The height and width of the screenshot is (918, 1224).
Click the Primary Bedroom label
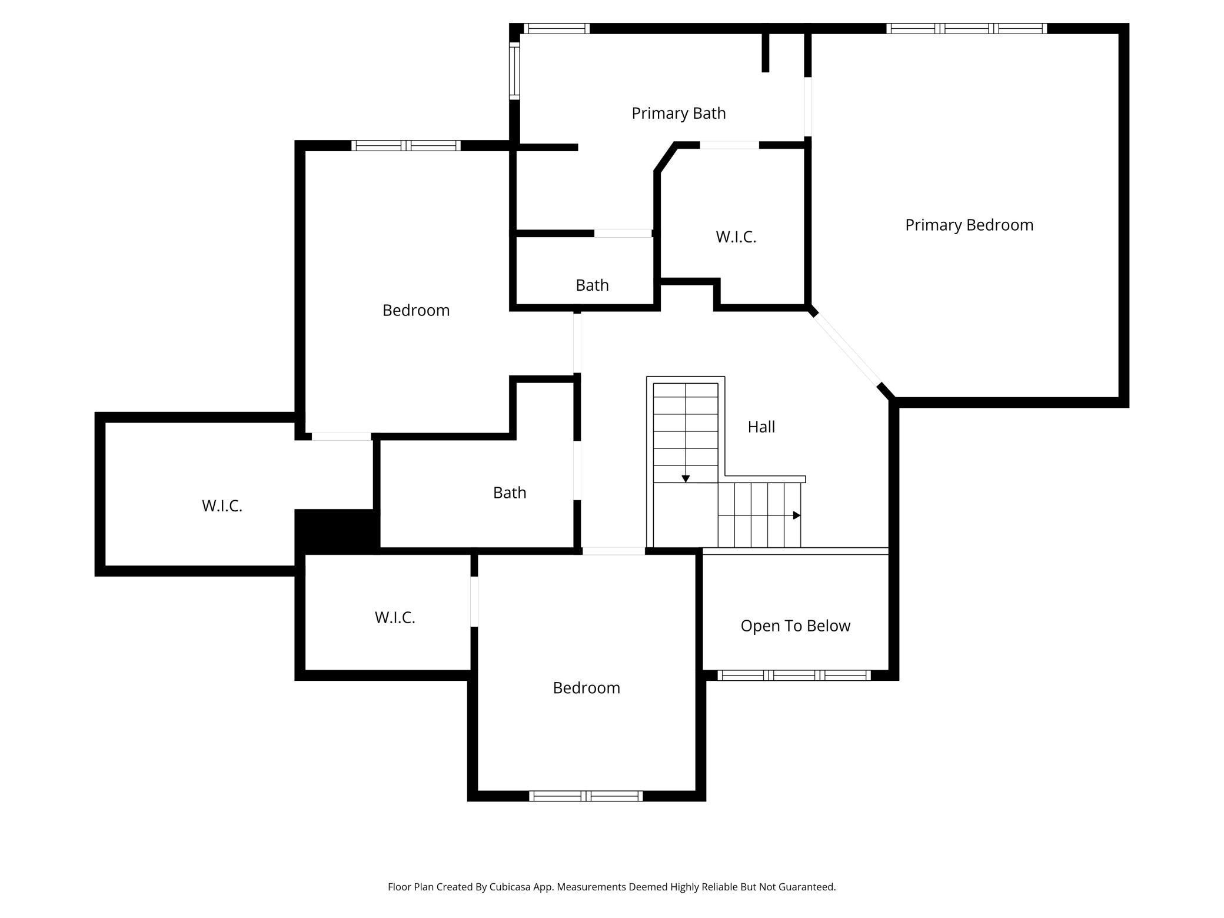click(969, 225)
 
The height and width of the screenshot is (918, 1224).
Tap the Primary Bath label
click(678, 113)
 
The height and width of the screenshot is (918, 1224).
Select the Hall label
click(761, 427)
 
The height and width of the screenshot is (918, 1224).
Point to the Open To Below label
click(795, 626)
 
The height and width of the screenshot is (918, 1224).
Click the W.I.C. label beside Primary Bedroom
click(736, 237)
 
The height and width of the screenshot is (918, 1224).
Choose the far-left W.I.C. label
click(222, 505)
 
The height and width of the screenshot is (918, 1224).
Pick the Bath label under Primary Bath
click(592, 285)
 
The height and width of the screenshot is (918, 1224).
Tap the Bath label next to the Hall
click(510, 493)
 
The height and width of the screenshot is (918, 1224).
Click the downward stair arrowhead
click(686, 479)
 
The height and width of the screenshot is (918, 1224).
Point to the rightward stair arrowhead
click(797, 515)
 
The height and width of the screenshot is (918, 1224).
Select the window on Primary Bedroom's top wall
click(966, 28)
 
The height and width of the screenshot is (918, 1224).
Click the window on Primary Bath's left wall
click(514, 71)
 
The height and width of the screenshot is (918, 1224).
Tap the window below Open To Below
click(794, 676)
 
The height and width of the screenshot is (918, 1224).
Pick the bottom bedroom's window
click(586, 796)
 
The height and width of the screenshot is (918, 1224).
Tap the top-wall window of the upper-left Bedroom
click(406, 145)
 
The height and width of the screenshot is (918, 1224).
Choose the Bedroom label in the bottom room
click(586, 688)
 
